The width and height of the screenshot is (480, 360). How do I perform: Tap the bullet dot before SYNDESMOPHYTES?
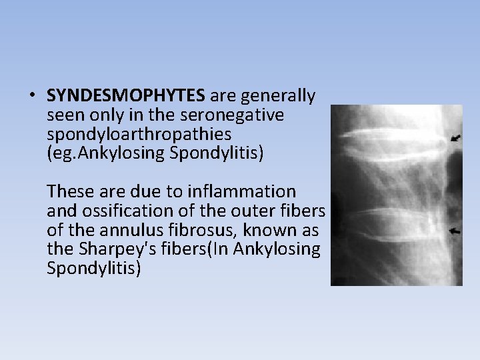(x=32, y=96)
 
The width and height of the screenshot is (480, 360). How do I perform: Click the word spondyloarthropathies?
(x=139, y=134)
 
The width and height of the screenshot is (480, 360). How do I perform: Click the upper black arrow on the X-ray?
(x=455, y=138)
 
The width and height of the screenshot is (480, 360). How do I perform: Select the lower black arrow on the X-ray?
(x=455, y=231)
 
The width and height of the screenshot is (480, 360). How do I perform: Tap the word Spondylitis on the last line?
(x=93, y=269)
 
